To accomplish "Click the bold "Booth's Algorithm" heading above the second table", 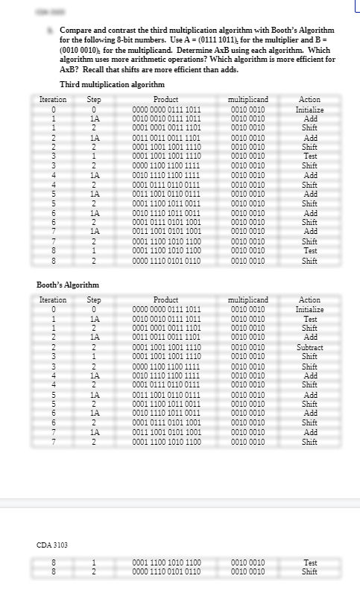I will (68, 285).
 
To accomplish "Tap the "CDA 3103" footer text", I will (53, 545).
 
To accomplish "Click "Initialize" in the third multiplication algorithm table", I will (309, 109).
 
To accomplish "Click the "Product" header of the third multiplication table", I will (165, 99).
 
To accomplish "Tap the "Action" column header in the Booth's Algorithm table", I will (309, 299).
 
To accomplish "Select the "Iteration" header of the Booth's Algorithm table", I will (52, 299).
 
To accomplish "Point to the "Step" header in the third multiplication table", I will (95, 99).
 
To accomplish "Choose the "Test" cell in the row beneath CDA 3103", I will (310, 563).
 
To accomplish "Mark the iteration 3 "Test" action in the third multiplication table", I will (309, 157).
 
